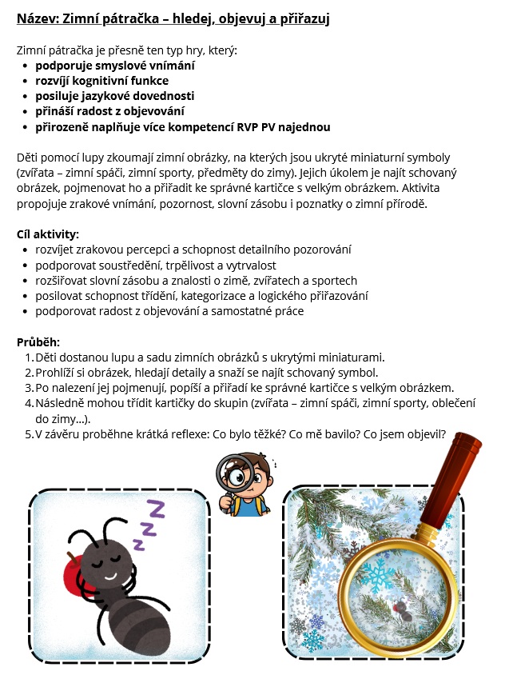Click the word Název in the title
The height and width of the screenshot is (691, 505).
[x=36, y=18]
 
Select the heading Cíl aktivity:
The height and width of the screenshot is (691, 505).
[x=48, y=234]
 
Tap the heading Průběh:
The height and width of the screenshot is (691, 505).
[x=38, y=342]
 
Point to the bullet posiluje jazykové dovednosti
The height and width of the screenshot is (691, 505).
[x=114, y=96]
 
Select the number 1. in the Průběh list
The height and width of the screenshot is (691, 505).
[x=30, y=357]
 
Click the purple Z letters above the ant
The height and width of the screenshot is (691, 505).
[x=148, y=524]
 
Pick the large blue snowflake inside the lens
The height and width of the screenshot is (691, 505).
[x=376, y=577]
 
